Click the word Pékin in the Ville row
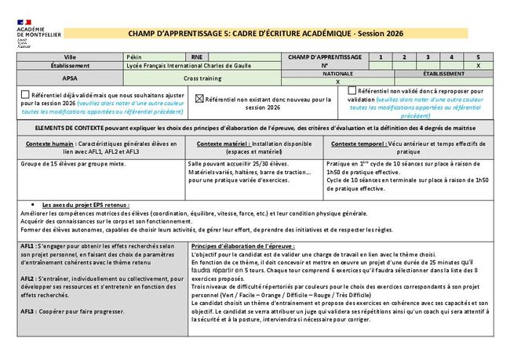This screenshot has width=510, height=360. tap(134, 57)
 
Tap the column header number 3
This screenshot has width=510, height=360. tap(428, 57)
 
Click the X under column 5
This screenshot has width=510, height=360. tap(478, 66)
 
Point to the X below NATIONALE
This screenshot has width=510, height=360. tap(338, 82)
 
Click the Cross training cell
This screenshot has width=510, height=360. tap(202, 78)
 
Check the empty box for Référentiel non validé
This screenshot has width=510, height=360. tap(352, 91)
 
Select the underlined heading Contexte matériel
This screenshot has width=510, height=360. tap(219, 144)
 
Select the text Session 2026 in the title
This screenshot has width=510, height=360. tap(384, 34)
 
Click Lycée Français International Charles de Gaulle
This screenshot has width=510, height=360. tap(188, 66)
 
